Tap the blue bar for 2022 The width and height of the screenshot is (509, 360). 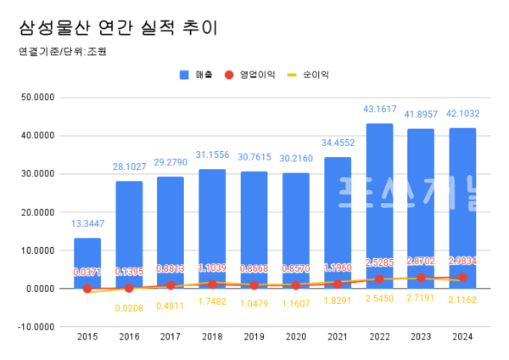click(378, 204)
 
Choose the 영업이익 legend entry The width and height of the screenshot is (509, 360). click(252, 75)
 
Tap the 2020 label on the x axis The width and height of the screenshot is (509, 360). click(295, 337)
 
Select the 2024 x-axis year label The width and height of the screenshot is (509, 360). click(461, 337)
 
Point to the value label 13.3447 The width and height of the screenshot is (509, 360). click(87, 224)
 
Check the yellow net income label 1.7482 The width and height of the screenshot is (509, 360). click(212, 301)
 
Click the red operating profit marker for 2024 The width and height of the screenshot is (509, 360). click(461, 278)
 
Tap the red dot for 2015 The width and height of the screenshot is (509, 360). click(87, 289)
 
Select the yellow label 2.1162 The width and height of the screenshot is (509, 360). click(461, 301)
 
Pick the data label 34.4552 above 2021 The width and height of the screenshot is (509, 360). click(337, 143)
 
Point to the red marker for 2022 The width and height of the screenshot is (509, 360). click(378, 279)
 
